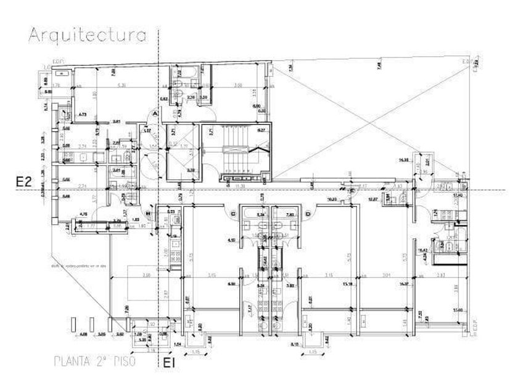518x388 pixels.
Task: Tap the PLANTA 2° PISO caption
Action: (x=95, y=361)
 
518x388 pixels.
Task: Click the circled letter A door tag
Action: (x=154, y=114)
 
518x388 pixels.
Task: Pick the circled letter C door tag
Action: (x=233, y=214)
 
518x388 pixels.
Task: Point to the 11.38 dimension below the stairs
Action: (x=240, y=185)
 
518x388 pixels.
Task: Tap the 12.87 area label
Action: (x=373, y=200)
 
